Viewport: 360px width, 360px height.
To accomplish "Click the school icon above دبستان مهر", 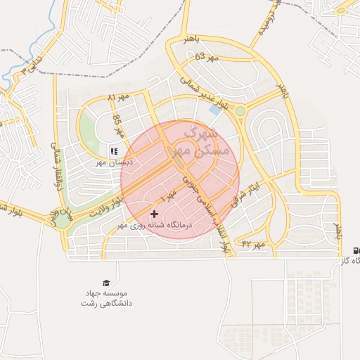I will [114, 150].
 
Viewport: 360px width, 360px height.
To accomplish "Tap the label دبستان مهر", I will [114, 162].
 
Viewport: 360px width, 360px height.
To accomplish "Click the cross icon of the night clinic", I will [154, 214].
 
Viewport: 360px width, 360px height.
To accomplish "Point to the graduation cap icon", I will [106, 282].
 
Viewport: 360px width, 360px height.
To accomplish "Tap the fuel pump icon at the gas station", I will [355, 250].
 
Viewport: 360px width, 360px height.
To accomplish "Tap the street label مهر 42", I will [253, 244].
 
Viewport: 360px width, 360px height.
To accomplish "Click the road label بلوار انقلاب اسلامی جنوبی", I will [211, 211].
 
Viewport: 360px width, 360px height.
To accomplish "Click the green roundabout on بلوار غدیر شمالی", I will [240, 111].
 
